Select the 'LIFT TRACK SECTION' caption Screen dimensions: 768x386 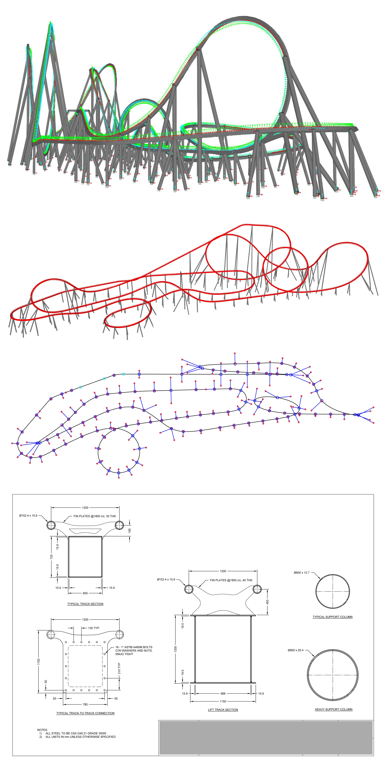click(223, 710)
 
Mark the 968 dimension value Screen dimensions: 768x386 click(223, 693)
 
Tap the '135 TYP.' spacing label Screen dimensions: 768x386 click(94, 628)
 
